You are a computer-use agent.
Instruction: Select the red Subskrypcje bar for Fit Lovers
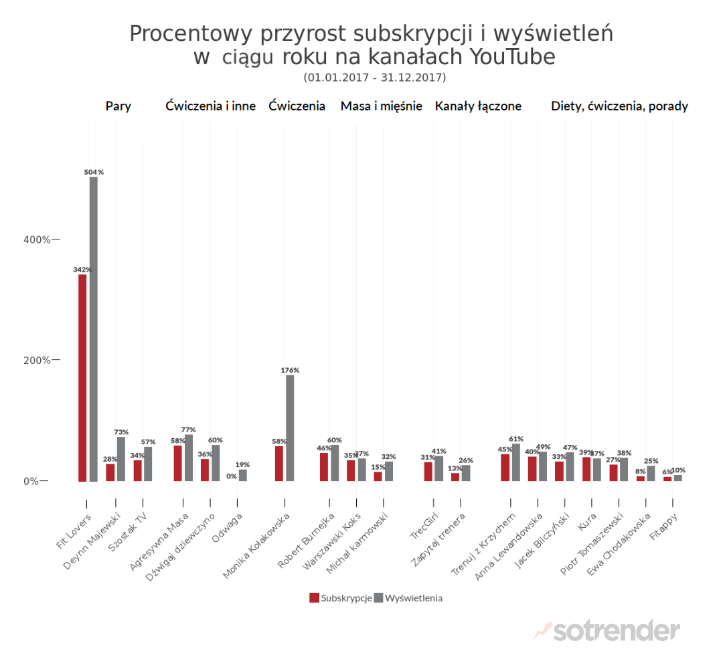(82, 378)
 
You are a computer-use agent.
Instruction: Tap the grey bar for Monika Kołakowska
(290, 428)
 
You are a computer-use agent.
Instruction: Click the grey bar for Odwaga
(242, 475)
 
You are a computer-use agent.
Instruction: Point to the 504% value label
(94, 172)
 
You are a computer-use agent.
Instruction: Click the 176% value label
(290, 370)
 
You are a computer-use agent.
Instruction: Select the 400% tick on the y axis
(38, 240)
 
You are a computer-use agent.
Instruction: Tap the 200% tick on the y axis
(38, 360)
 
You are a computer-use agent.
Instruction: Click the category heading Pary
(118, 106)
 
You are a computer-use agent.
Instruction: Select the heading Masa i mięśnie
(381, 106)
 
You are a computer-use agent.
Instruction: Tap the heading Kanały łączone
(478, 106)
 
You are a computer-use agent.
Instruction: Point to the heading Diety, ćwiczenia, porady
(619, 106)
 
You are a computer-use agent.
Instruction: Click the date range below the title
(374, 78)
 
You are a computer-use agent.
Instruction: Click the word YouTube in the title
(513, 57)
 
